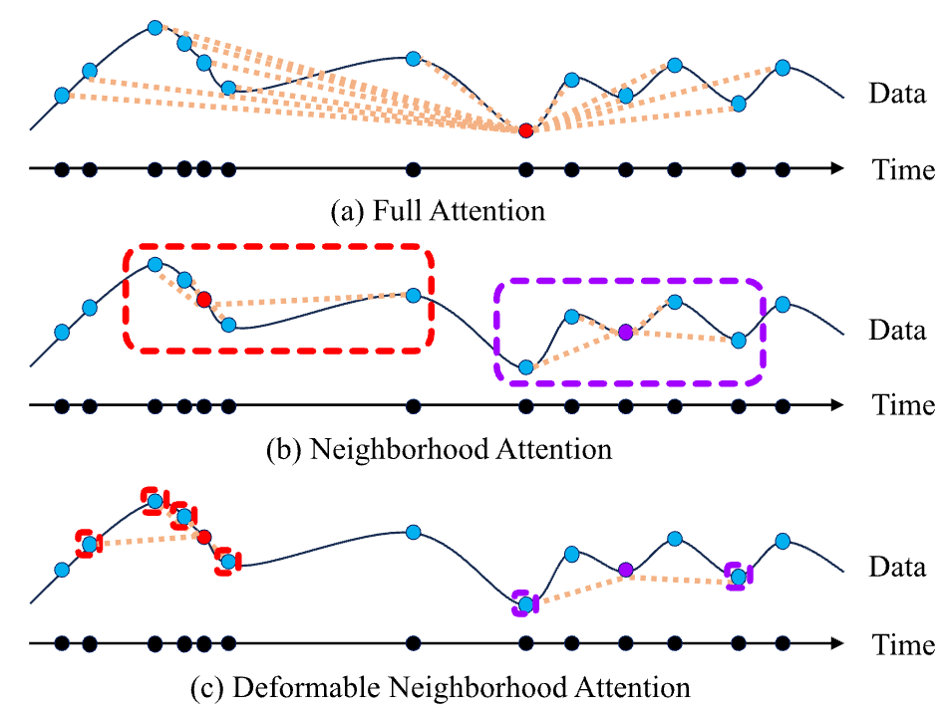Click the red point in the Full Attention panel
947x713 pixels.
point(525,131)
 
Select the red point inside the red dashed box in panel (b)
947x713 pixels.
point(204,300)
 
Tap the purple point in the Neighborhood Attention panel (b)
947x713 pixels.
point(625,333)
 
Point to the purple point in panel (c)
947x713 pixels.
point(625,570)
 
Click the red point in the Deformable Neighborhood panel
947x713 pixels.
point(204,538)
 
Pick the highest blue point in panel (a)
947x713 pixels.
point(155,27)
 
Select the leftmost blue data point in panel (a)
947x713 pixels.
point(62,96)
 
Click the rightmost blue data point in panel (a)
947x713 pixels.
point(783,68)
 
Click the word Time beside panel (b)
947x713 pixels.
point(904,406)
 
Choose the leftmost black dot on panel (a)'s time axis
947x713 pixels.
point(62,169)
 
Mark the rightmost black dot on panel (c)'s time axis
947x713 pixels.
point(783,644)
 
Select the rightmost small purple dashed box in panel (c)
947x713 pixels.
point(739,576)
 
